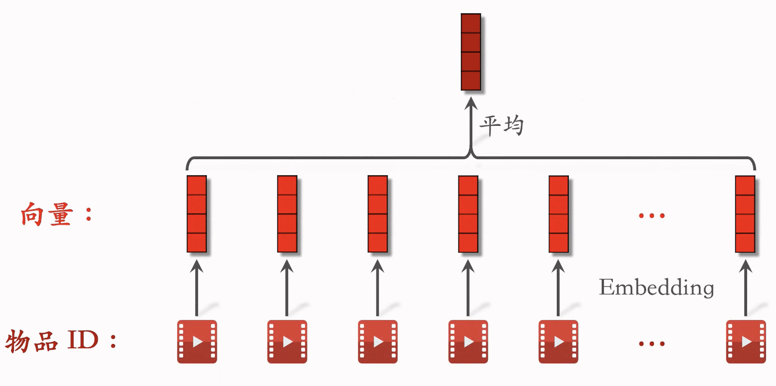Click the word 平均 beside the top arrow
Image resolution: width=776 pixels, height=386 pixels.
pos(501,126)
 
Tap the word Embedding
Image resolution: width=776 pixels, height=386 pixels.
pos(656,287)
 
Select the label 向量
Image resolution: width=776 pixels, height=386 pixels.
pos(48,215)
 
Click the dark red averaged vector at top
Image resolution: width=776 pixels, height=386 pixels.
pos(471,52)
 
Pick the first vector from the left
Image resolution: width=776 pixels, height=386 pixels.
pos(196,214)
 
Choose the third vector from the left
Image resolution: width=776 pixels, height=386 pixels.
pos(377,214)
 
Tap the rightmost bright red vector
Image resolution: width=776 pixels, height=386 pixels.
pos(745,214)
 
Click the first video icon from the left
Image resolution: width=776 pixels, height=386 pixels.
pos(196,342)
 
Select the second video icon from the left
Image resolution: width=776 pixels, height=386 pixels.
pos(287,342)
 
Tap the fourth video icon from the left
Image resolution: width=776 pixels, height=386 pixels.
pos(468,342)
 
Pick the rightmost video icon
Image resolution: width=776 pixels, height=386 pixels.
pos(745,342)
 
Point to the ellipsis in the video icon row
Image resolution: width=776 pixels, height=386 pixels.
pos(652,344)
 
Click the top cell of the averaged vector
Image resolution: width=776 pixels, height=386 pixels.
pos(471,24)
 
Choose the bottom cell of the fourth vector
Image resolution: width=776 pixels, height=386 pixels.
pos(468,242)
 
